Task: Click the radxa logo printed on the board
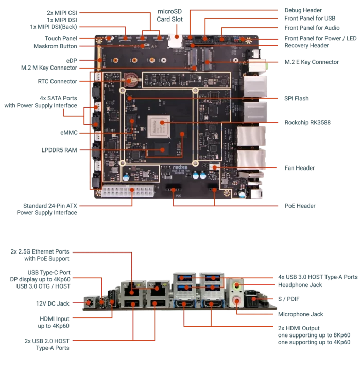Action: coord(178,168)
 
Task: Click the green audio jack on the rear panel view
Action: coord(237,285)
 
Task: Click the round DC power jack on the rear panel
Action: coord(90,302)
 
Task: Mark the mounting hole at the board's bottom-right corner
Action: coord(227,194)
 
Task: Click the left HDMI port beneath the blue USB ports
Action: coord(186,305)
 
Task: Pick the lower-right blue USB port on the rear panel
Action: coord(212,288)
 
